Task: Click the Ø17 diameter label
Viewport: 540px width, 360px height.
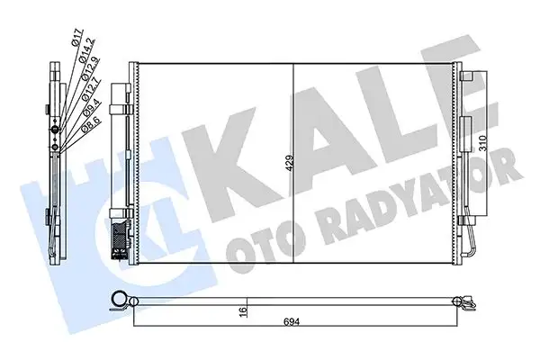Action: tap(77, 39)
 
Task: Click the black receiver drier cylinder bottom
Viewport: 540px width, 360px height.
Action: tap(118, 241)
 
